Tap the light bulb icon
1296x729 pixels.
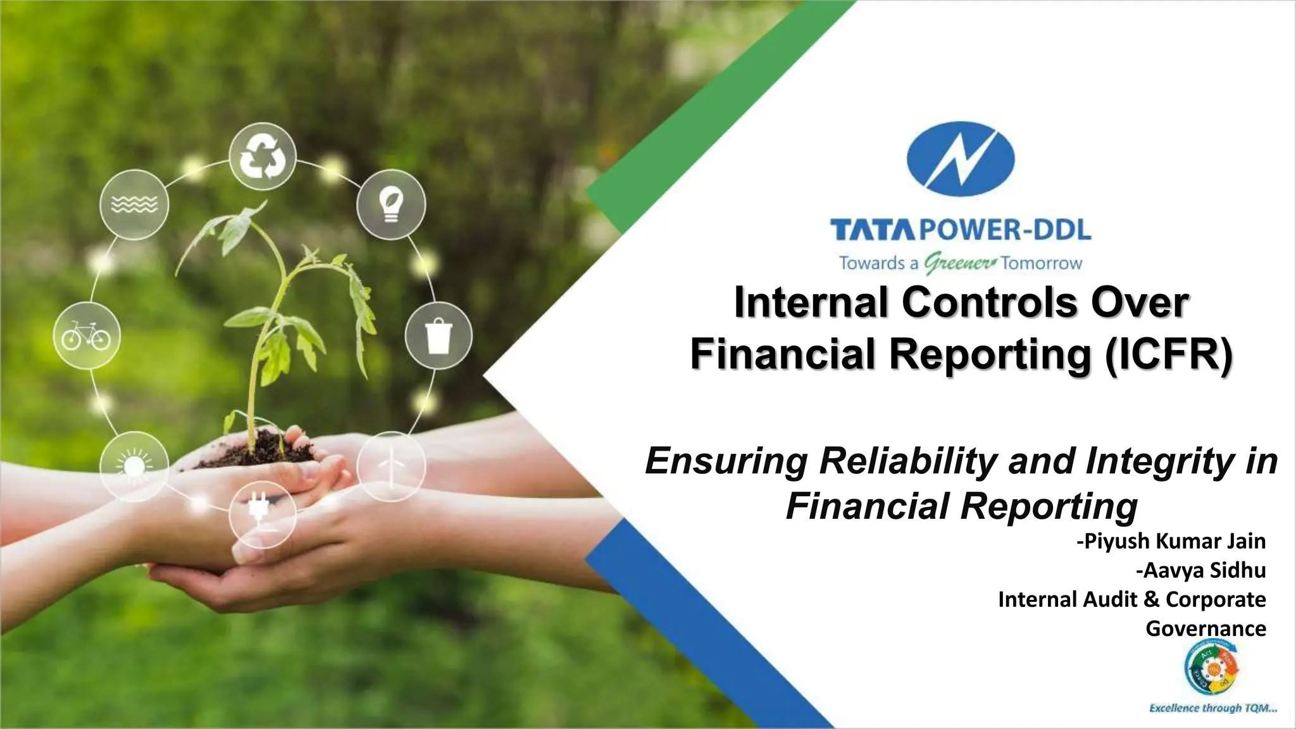pos(390,204)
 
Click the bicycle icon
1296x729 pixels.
pos(86,335)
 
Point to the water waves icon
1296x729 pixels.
pos(134,204)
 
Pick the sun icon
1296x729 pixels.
pos(134,465)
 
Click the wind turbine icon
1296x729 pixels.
pos(390,466)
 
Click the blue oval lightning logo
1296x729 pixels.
pos(960,163)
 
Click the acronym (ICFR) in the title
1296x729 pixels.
pos(1168,354)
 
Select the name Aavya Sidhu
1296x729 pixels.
pos(1200,571)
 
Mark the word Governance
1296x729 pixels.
pos(1206,628)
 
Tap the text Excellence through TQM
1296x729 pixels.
pos(1212,708)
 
